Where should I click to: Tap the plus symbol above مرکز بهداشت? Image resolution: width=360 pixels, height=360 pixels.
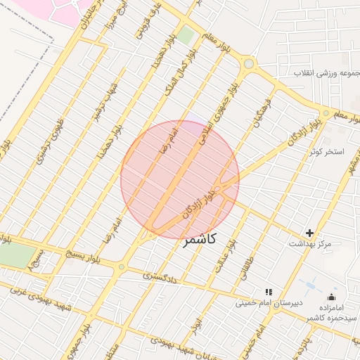tap(309, 233)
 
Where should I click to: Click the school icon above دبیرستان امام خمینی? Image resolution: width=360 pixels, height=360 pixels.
tap(268, 292)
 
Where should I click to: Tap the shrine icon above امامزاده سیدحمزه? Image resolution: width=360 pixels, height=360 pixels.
tap(331, 297)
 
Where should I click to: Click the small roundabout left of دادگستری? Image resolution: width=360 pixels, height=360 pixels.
tap(122, 267)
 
